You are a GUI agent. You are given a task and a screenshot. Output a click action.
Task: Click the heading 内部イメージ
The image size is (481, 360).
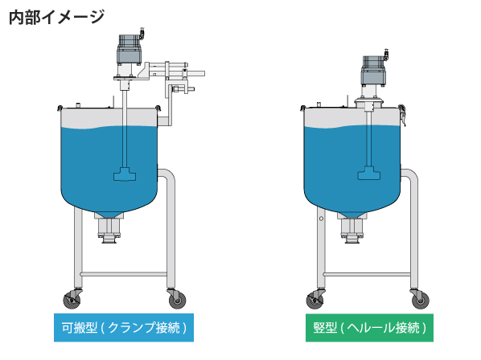click(x=57, y=17)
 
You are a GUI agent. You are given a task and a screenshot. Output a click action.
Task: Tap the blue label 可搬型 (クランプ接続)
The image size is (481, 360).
click(x=124, y=328)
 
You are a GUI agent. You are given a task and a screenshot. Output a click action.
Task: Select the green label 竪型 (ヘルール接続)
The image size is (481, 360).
click(x=369, y=328)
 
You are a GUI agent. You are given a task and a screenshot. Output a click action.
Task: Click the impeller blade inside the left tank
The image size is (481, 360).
click(x=125, y=174)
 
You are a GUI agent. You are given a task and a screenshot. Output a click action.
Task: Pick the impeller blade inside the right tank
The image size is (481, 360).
click(x=368, y=173)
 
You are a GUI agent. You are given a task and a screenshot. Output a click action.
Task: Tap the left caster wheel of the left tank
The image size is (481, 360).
click(x=72, y=300)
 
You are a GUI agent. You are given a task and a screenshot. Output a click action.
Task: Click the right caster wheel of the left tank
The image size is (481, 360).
click(x=178, y=300)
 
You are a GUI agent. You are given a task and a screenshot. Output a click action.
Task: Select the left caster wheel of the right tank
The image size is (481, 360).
click(x=315, y=300)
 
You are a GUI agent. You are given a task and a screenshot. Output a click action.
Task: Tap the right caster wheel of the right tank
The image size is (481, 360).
click(x=420, y=300)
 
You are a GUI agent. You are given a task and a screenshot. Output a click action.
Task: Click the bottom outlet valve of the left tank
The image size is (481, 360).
click(x=109, y=229)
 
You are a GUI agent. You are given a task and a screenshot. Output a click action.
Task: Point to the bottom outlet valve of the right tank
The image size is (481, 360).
click(x=351, y=229)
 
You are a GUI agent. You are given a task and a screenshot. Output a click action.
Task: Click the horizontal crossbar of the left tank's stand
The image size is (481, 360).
click(x=124, y=274)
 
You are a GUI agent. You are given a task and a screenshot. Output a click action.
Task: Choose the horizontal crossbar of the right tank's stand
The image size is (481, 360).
click(x=367, y=274)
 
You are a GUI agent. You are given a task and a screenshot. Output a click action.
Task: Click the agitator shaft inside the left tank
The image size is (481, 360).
click(x=125, y=129)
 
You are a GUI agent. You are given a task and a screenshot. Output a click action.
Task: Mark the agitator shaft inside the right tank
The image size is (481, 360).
click(x=368, y=138)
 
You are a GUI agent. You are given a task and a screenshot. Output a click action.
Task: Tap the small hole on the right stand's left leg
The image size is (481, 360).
click(x=321, y=219)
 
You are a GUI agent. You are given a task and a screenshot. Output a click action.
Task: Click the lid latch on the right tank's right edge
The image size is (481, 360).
click(x=402, y=115)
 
